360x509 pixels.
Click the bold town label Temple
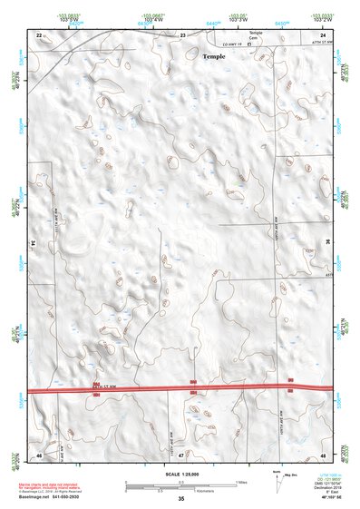click(x=213, y=56)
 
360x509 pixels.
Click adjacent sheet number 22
click(x=39, y=34)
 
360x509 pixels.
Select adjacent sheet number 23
click(x=182, y=34)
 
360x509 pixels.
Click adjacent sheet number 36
click(x=328, y=243)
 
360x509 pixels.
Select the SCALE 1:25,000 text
click(x=180, y=474)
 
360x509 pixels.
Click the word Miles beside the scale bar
click(x=241, y=482)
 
